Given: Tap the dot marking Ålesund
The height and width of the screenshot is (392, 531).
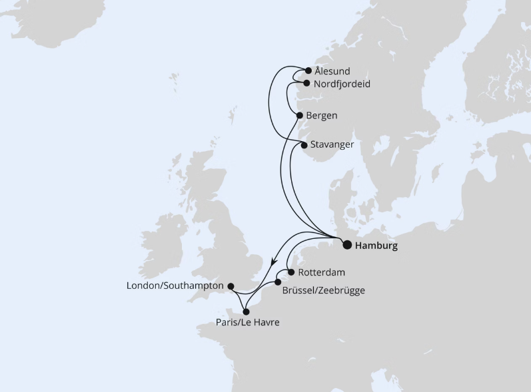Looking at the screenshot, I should [308, 71].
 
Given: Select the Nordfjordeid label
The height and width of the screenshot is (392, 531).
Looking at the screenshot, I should [341, 84].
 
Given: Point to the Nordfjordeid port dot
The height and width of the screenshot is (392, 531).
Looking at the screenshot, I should [306, 84].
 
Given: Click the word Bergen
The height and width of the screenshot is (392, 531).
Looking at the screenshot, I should [321, 116].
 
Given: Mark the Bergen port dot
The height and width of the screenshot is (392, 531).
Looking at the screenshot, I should [300, 115].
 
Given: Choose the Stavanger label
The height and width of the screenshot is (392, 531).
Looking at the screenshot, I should [332, 144].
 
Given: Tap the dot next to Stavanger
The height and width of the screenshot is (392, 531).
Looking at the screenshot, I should [304, 144].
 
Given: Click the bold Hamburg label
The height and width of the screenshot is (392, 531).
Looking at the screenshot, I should [376, 246].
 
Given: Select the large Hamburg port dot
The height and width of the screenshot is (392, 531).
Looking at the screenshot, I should [347, 245].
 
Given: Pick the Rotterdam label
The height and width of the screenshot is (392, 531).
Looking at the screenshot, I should [322, 272].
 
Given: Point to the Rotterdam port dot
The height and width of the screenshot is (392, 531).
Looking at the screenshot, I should [290, 272].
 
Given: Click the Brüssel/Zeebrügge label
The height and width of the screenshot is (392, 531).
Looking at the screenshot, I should [323, 290].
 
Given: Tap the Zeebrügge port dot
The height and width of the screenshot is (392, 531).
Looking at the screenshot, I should [278, 283].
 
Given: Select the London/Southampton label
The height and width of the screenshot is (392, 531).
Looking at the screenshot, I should [175, 286].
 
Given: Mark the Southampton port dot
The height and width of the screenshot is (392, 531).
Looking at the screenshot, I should [231, 286].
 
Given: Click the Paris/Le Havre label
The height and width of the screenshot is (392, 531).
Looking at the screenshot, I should [247, 323].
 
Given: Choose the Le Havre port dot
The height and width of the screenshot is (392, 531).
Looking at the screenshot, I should [246, 311].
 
